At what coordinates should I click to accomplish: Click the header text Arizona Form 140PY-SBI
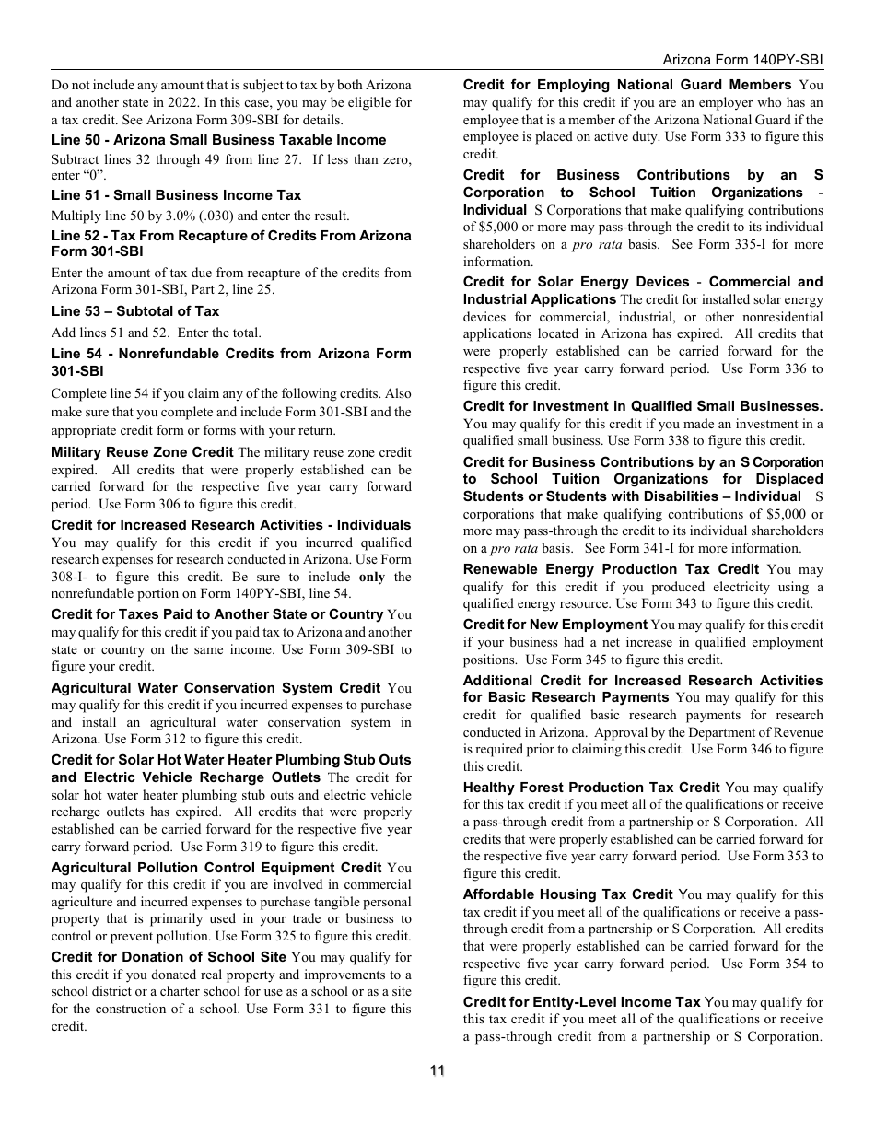(x=742, y=59)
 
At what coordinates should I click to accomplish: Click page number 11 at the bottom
(x=437, y=1069)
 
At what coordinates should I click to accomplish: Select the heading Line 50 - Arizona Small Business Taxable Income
(x=218, y=140)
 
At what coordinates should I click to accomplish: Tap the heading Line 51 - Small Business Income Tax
(x=176, y=195)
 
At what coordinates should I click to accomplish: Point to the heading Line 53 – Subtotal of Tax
(x=135, y=311)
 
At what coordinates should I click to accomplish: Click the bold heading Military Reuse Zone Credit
(x=142, y=452)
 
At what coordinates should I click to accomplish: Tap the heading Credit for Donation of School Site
(x=169, y=957)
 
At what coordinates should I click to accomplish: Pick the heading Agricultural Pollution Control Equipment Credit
(x=216, y=868)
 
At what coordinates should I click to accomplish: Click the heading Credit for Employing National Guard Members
(x=627, y=85)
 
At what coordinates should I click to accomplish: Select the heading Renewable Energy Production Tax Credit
(x=611, y=569)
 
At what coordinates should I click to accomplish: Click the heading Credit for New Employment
(x=554, y=625)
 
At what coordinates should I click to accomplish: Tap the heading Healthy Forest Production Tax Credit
(x=591, y=788)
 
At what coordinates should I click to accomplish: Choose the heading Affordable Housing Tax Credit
(x=567, y=894)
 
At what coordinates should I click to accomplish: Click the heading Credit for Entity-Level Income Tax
(x=581, y=1002)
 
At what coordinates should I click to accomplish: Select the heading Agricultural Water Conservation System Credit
(x=216, y=688)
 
